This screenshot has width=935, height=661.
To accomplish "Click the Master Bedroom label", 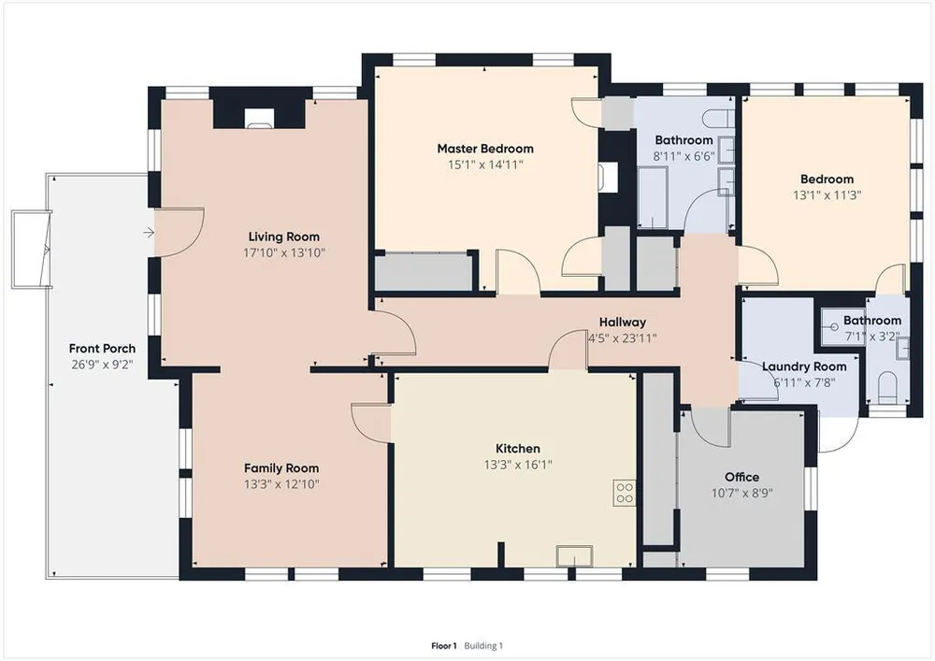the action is tap(484, 149).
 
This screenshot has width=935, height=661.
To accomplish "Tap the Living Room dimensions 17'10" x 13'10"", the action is tap(284, 252).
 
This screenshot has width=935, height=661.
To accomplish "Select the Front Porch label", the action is tap(102, 348).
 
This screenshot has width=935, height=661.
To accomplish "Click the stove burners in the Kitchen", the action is tap(625, 493).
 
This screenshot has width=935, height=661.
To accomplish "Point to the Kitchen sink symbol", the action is tap(575, 556).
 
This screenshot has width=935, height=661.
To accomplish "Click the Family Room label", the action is tap(280, 468).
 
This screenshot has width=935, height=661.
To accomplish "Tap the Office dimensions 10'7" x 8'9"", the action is tap(741, 493).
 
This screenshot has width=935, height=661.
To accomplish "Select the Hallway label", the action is tap(622, 323).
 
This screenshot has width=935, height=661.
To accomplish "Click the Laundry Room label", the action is tap(804, 366).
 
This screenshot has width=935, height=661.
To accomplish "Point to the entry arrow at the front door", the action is tap(149, 233).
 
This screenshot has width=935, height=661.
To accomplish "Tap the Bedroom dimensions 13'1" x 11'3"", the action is tap(827, 194).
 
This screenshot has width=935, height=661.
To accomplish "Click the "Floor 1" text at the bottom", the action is tap(443, 645).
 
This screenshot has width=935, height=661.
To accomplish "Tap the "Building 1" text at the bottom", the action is tap(483, 645).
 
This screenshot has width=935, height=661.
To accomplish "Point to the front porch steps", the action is tap(30, 249).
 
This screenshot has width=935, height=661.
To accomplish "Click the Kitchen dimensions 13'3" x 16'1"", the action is tap(518, 465).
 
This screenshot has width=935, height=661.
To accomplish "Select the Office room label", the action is tap(741, 477).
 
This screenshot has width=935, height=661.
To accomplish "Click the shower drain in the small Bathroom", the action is tap(834, 326).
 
